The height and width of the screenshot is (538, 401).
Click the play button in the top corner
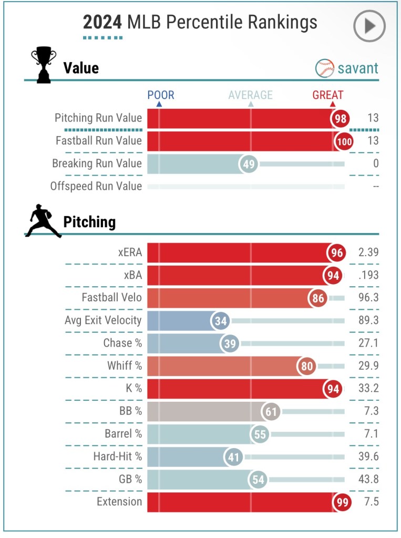(x=369, y=26)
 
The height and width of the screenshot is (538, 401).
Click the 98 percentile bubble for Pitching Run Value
(x=341, y=118)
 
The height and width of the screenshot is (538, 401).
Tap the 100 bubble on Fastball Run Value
(x=343, y=141)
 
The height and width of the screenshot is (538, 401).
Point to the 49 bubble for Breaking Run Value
(x=249, y=164)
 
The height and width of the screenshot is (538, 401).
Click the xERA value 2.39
(x=368, y=252)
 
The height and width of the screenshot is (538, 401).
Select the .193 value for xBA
(x=368, y=275)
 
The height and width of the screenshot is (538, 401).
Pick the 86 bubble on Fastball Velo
(x=318, y=298)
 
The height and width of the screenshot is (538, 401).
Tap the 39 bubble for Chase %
(x=230, y=343)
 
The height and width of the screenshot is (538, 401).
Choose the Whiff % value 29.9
(x=368, y=366)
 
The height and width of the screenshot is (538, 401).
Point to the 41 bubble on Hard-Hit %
(x=233, y=457)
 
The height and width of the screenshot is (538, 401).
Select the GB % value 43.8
(x=368, y=479)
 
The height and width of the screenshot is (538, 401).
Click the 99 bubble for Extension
(x=341, y=502)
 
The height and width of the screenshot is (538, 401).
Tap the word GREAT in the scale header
(x=327, y=95)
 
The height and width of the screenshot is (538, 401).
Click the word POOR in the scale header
(x=160, y=95)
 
